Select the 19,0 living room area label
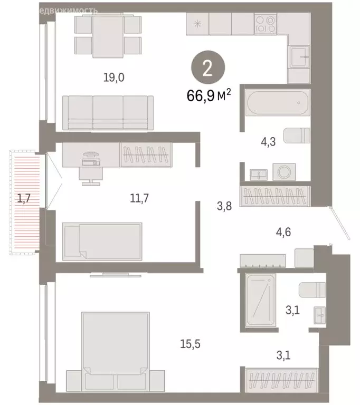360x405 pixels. [x=113, y=78]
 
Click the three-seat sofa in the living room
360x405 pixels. [x=108, y=112]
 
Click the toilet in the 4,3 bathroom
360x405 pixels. [x=298, y=136]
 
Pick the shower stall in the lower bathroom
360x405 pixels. [x=261, y=300]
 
